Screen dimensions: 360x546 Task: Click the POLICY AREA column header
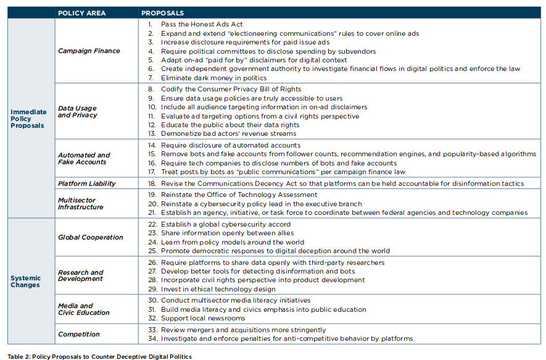click(81, 12)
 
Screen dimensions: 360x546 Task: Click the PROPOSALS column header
click(162, 12)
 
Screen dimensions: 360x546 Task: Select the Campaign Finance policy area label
click(89, 51)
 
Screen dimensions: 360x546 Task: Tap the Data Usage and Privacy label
click(77, 112)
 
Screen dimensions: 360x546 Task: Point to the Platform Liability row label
click(87, 183)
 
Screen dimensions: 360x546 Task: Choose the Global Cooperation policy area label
click(90, 237)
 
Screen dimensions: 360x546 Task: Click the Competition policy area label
click(78, 334)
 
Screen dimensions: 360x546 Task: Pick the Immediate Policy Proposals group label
click(28, 119)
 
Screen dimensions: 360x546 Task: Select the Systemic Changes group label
click(25, 282)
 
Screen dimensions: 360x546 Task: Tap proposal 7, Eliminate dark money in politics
click(213, 78)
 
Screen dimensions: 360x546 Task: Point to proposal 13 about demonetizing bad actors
click(228, 133)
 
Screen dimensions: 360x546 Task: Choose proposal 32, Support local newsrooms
click(202, 318)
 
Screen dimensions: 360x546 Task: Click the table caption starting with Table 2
click(99, 356)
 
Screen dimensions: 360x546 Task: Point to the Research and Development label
click(80, 275)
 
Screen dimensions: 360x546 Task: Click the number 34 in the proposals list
click(152, 338)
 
